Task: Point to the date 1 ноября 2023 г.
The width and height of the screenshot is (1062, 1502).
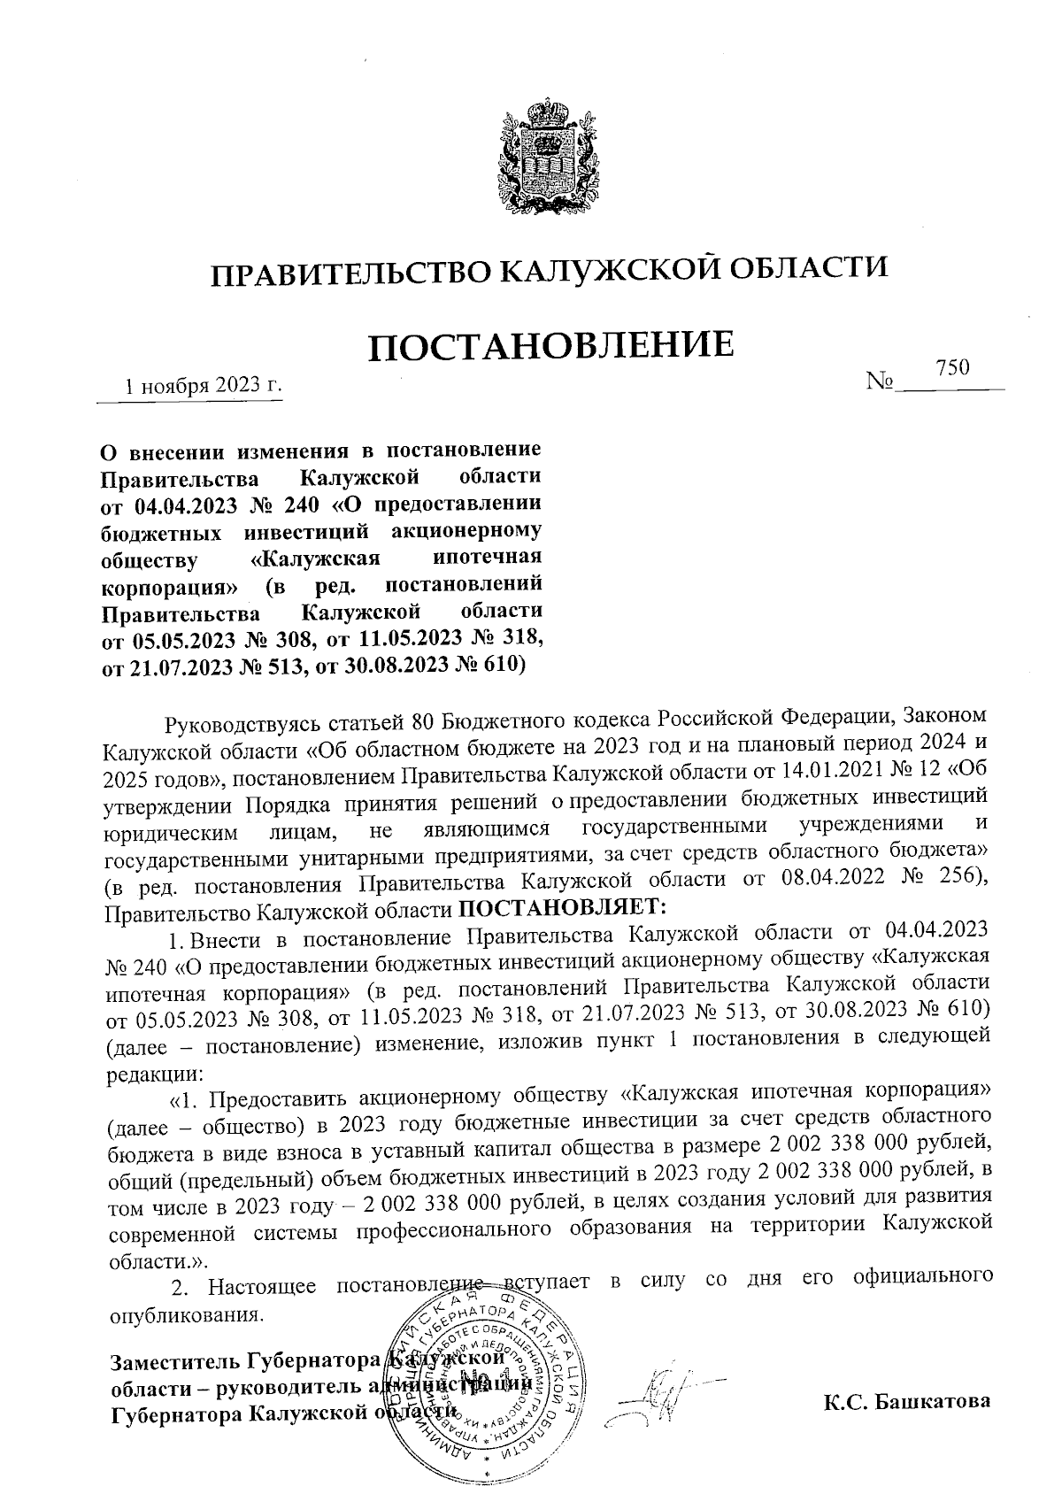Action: click(203, 386)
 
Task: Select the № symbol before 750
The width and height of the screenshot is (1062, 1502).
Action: click(881, 381)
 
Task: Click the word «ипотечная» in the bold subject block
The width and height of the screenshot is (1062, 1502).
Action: click(487, 558)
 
